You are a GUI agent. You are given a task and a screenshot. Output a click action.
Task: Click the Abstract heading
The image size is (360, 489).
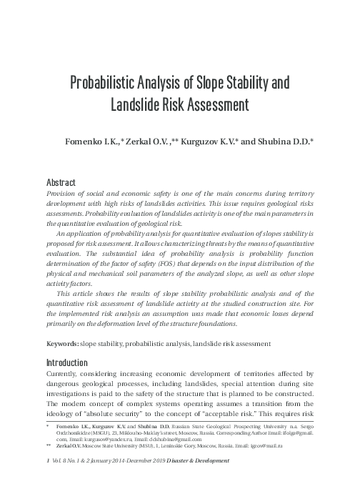(61, 182)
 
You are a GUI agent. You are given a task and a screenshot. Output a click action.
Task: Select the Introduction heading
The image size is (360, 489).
(71, 361)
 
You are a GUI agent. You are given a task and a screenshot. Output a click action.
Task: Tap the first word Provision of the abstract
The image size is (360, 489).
(62, 194)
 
